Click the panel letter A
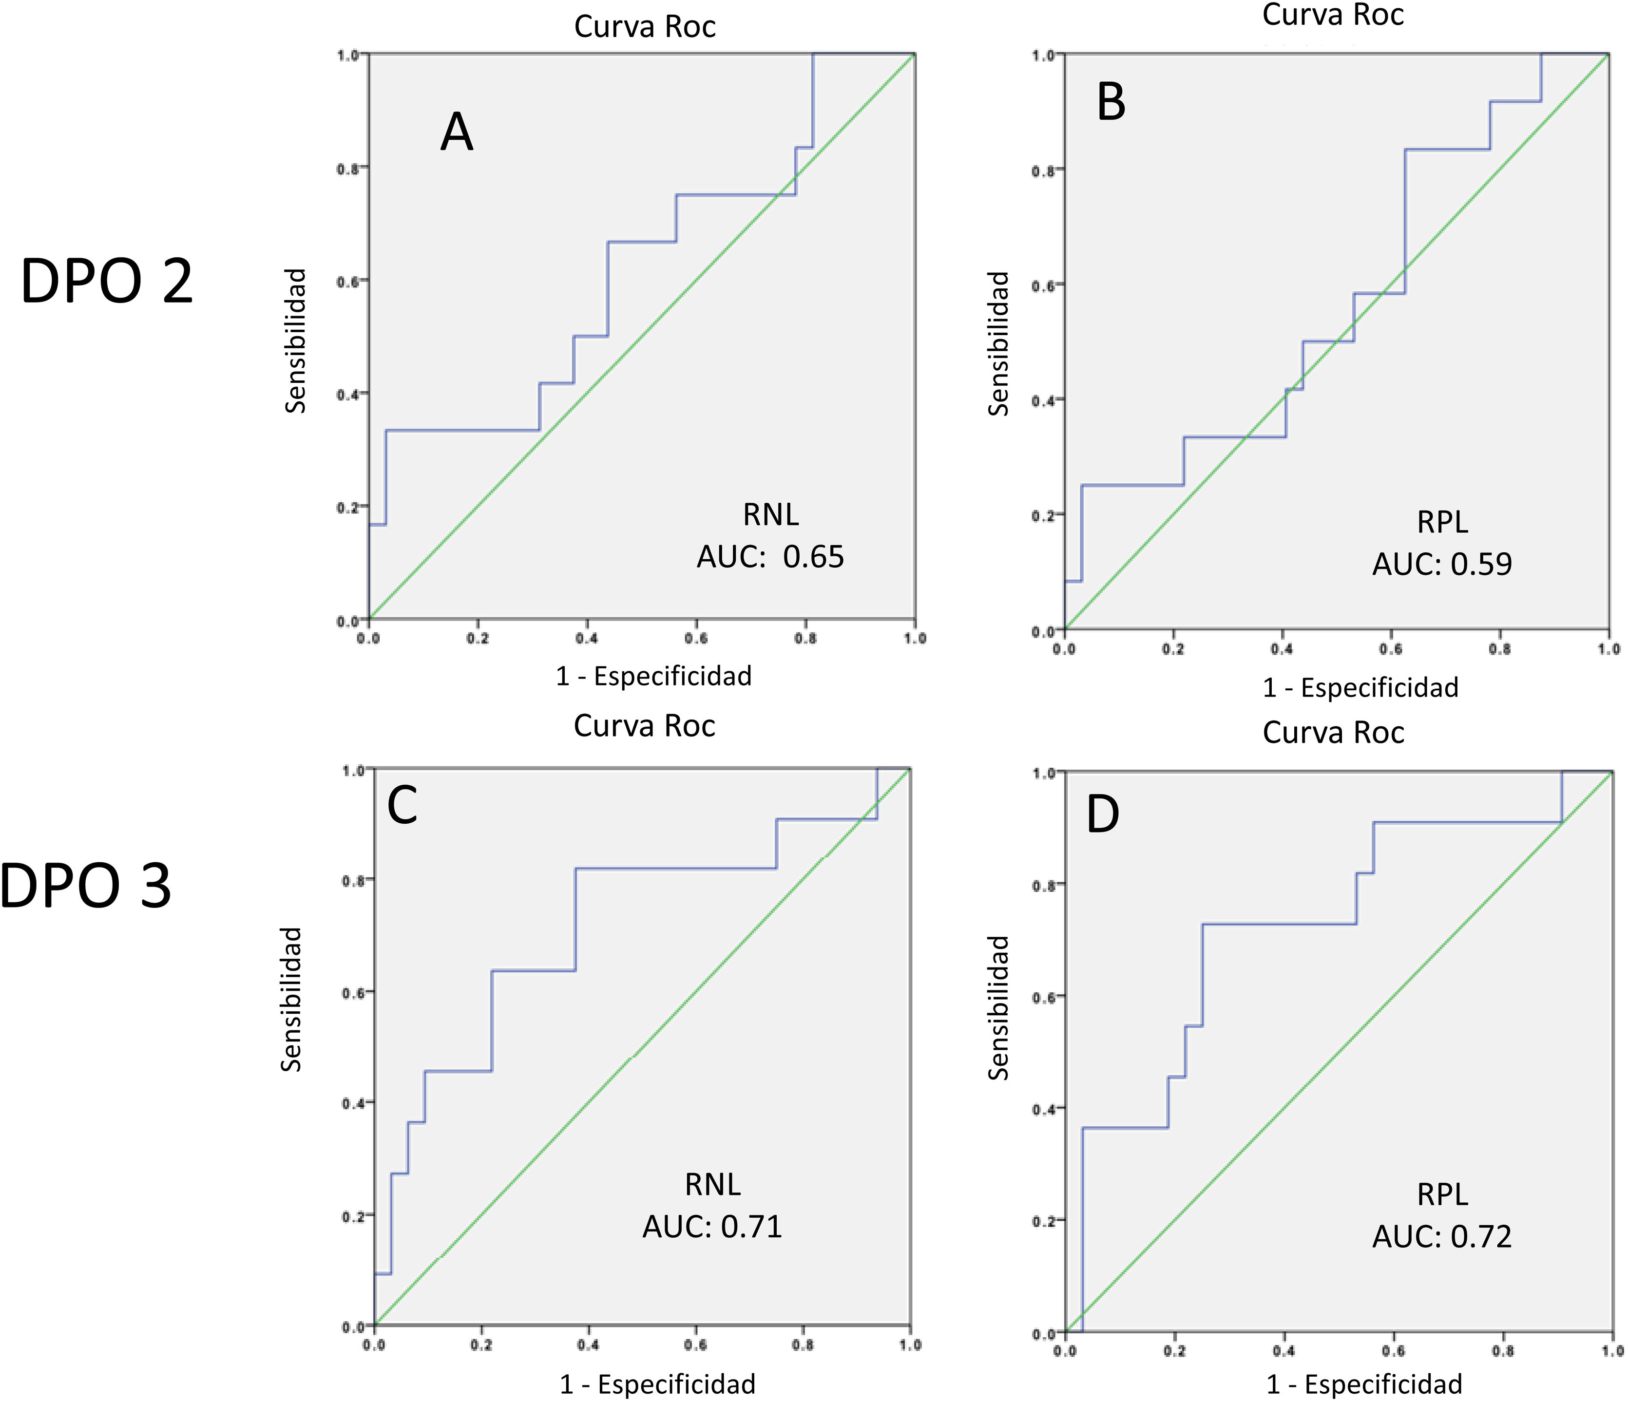tap(457, 132)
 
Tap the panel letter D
tap(1102, 814)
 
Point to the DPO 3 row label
tap(86, 885)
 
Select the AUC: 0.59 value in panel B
tap(1442, 564)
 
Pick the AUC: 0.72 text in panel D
tap(1442, 1236)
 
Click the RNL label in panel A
tap(771, 515)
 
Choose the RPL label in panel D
tap(1442, 1194)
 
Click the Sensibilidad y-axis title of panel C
tap(291, 999)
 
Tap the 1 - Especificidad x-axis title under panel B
tap(1360, 687)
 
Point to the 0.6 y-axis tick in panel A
tap(347, 281)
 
